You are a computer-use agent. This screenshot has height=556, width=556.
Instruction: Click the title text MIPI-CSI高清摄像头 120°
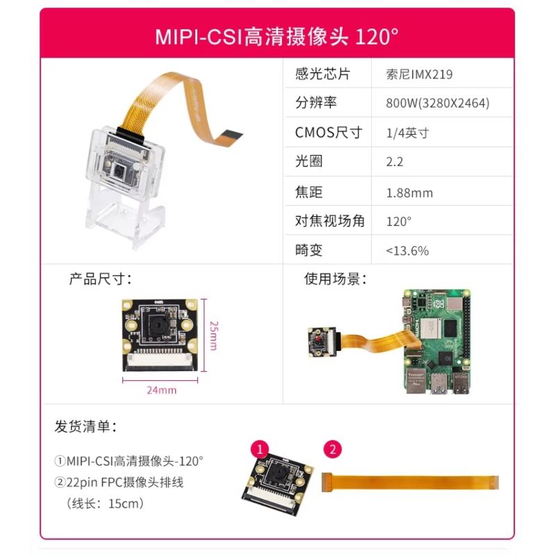coord(277,36)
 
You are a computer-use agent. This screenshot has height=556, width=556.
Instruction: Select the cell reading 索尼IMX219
coord(419,74)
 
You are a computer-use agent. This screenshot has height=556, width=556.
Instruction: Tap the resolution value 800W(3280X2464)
coord(438,103)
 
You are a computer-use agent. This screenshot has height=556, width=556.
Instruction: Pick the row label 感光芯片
coord(322,74)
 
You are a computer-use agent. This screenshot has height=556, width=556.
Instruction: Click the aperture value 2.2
coord(394,162)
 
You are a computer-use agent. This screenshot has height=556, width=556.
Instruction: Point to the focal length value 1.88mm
coord(409,193)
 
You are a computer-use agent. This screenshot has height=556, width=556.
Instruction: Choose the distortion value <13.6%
coord(407,251)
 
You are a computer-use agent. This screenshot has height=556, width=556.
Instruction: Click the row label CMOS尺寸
coord(328,133)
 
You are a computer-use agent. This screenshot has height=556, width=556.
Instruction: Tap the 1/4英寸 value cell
coord(407,133)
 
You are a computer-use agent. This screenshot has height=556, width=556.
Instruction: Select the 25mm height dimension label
coord(214,336)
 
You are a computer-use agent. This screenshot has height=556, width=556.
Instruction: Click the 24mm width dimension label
coord(162,390)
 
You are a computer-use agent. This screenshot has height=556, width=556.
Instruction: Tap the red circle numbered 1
coord(260,449)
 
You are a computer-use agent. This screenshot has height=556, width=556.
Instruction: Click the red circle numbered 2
coord(333,449)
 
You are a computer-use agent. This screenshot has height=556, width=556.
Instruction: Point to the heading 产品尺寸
coord(100,279)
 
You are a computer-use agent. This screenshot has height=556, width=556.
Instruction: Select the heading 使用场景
coord(335,279)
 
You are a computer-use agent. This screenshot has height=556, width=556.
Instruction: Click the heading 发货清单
coord(85,426)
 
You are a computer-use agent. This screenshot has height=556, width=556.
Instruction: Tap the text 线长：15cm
coord(105,503)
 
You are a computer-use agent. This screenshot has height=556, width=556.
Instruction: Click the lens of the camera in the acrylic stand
coord(118,171)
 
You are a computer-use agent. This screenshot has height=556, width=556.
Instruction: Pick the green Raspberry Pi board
coord(437,341)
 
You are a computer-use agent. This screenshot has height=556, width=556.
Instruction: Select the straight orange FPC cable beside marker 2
coord(410,482)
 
